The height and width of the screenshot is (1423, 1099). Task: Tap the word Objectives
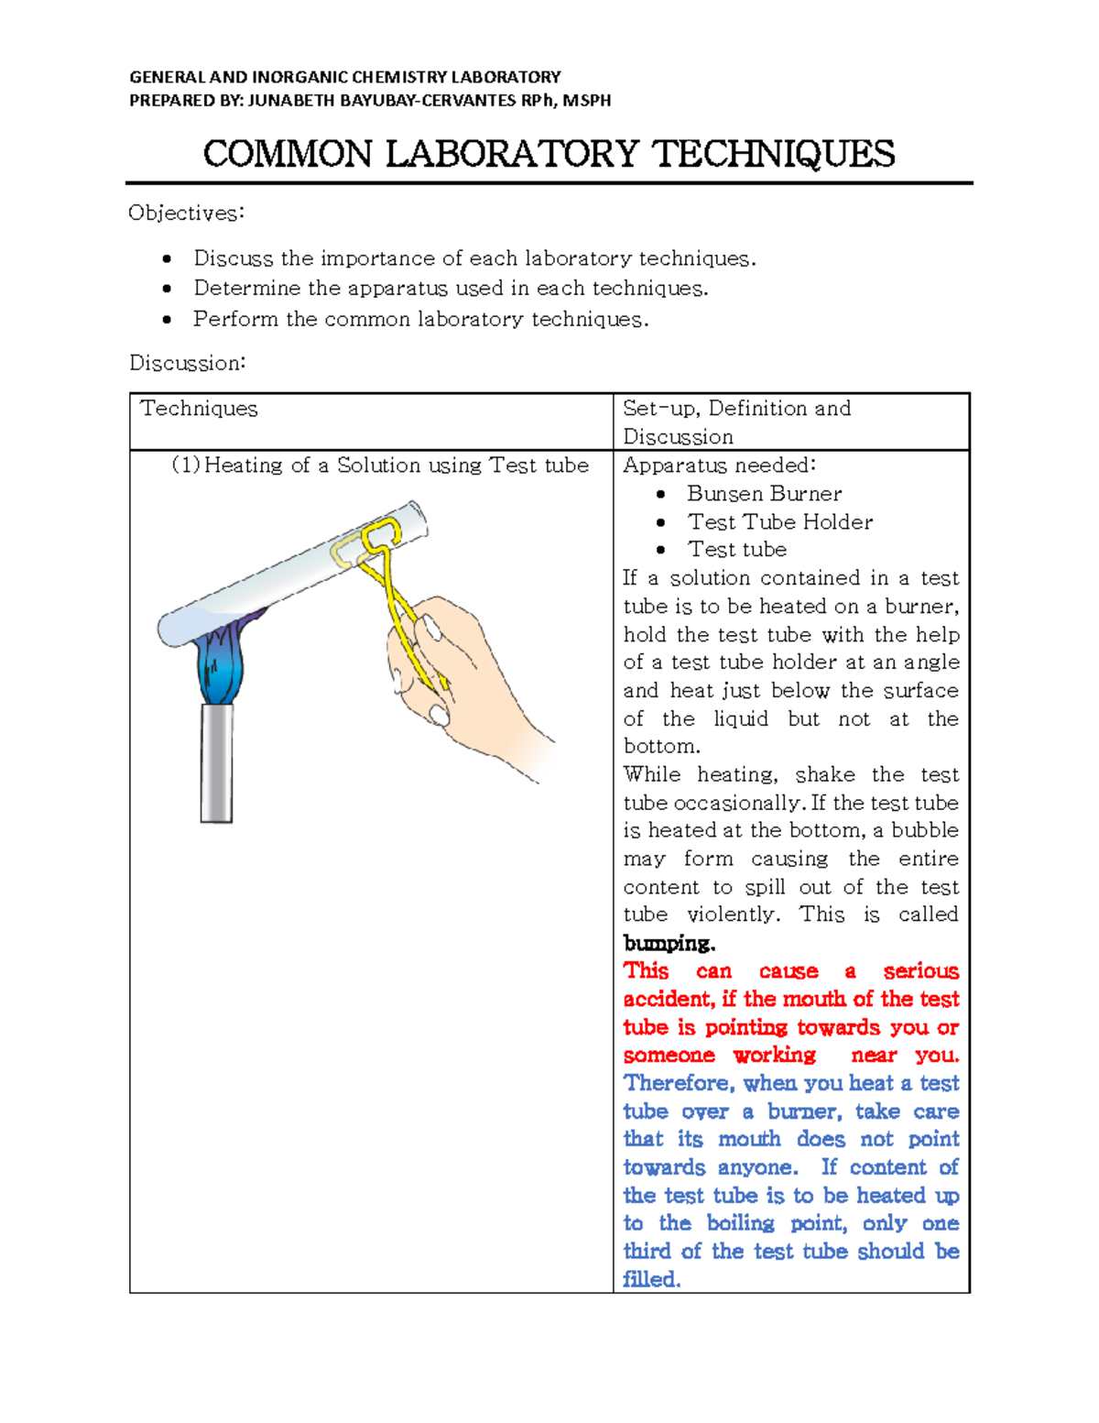(x=186, y=213)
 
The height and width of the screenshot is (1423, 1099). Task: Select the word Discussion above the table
(x=187, y=363)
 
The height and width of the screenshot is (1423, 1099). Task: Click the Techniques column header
(x=199, y=409)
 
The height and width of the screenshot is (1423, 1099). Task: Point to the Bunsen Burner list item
(x=764, y=494)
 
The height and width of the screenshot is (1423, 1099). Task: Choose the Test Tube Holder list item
(x=779, y=522)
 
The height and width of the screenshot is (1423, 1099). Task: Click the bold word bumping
(x=668, y=943)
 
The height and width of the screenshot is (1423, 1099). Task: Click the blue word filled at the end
(x=651, y=1279)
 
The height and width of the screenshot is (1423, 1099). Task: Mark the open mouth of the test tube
(x=418, y=520)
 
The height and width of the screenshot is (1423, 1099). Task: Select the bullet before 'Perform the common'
(x=167, y=320)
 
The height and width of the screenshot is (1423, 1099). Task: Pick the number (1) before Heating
(x=185, y=465)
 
